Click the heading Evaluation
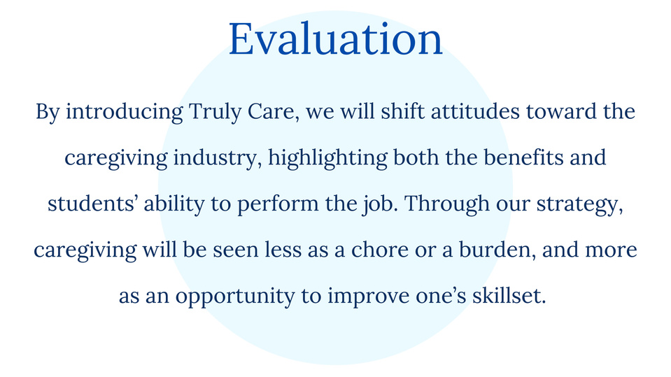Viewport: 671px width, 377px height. [x=336, y=39]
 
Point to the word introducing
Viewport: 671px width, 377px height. [x=124, y=112]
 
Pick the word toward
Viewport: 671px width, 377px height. [x=561, y=111]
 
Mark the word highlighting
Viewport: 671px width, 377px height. [x=327, y=158]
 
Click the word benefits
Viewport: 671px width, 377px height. [x=523, y=157]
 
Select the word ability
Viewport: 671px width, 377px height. [x=174, y=204]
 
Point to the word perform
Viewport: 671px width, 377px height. [x=278, y=204]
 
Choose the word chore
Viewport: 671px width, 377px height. [x=380, y=250]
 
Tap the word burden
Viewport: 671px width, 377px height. [x=497, y=250]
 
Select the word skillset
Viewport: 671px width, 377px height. [x=509, y=296]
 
